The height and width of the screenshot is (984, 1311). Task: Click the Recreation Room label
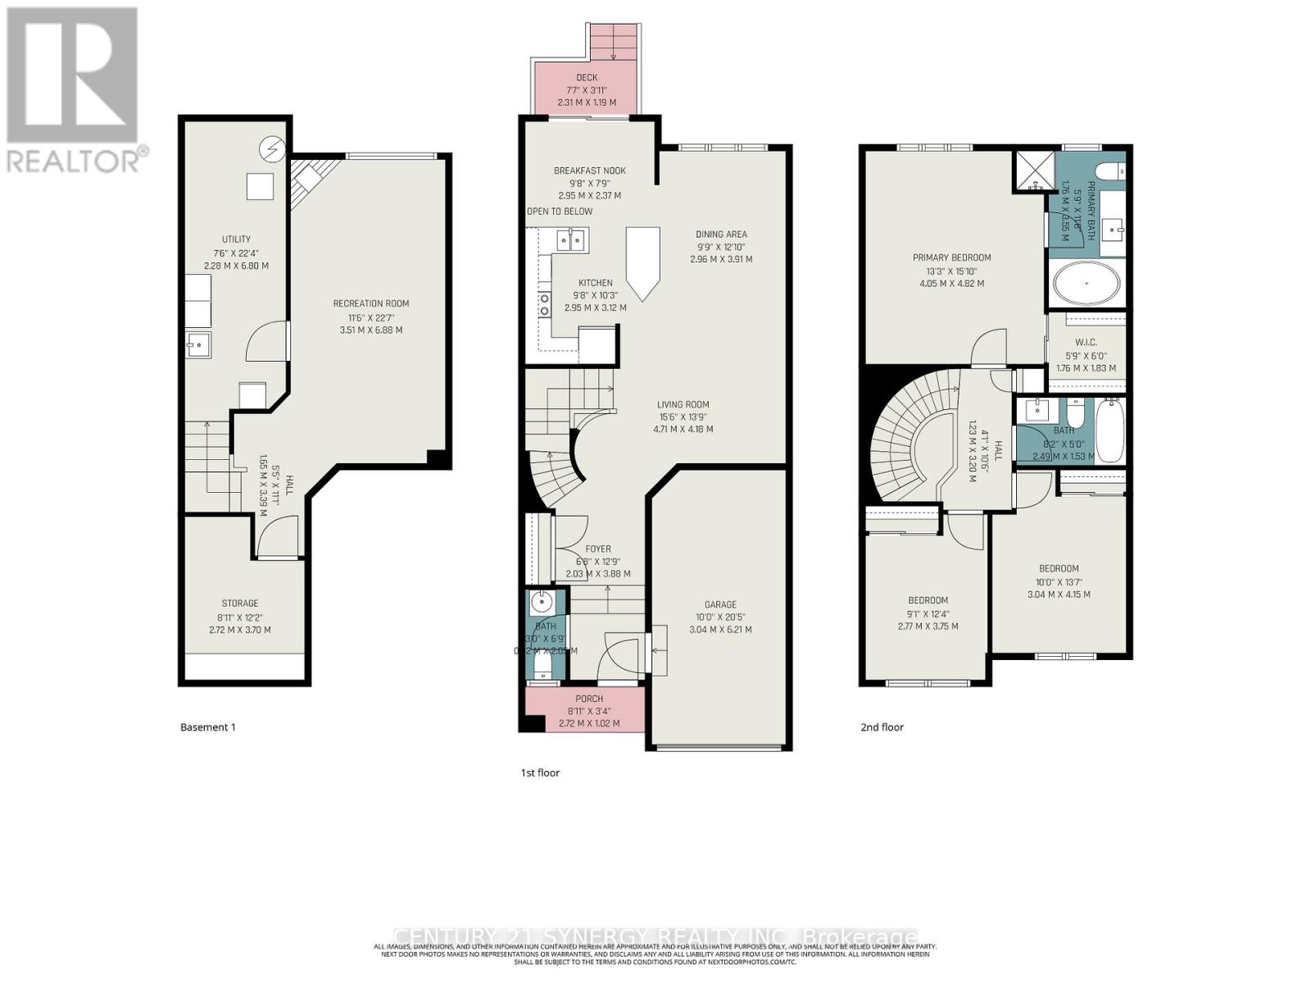pyautogui.click(x=370, y=304)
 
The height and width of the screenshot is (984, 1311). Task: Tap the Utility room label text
pyautogui.click(x=236, y=239)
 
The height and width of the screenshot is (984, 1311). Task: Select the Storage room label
pyautogui.click(x=239, y=604)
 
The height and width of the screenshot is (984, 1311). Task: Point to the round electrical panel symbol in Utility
pyautogui.click(x=270, y=148)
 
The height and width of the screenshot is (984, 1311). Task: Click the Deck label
pyautogui.click(x=587, y=78)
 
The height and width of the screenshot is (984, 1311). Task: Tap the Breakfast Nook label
pyautogui.click(x=589, y=171)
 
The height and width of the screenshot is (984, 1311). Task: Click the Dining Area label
pyautogui.click(x=721, y=235)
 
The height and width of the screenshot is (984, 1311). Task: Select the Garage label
pyautogui.click(x=720, y=604)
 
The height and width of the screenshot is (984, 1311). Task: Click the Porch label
pyautogui.click(x=588, y=699)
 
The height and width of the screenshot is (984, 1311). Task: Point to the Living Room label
pyautogui.click(x=683, y=404)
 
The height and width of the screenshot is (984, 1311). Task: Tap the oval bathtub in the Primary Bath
pyautogui.click(x=1086, y=284)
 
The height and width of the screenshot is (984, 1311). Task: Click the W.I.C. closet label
pyautogui.click(x=1086, y=343)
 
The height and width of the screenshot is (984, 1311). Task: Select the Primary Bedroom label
pyautogui.click(x=951, y=257)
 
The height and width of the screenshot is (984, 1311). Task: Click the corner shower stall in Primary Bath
pyautogui.click(x=1034, y=171)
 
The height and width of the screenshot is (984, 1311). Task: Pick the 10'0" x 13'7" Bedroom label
pyautogui.click(x=1059, y=569)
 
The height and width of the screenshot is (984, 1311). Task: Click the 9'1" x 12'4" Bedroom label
pyautogui.click(x=928, y=600)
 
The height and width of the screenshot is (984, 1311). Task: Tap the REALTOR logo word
pyautogui.click(x=74, y=160)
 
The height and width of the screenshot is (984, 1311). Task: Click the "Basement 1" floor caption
pyautogui.click(x=207, y=727)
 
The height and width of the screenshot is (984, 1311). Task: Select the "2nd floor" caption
pyautogui.click(x=882, y=727)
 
